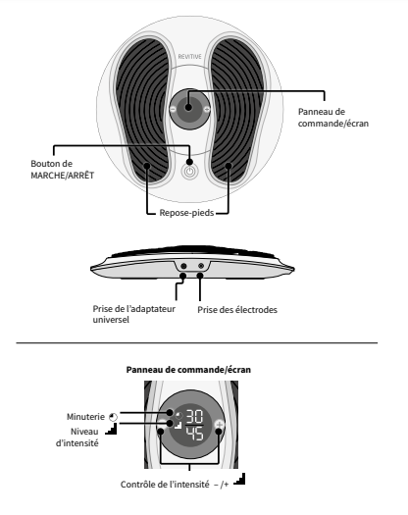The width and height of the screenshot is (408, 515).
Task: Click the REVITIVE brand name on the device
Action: coord(189,57)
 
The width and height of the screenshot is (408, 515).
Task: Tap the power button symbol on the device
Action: coord(190,172)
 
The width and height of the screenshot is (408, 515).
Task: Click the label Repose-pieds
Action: coord(186,213)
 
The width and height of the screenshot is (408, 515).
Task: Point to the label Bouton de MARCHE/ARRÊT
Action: coord(63,170)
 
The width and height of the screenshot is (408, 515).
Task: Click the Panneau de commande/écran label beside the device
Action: coord(333,118)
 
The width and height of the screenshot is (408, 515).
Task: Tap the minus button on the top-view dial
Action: coord(173,109)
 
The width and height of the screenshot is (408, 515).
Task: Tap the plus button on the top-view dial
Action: coord(207,109)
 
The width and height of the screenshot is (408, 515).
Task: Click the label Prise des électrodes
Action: coord(237,310)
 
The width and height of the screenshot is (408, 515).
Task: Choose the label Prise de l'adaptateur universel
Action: coord(134,314)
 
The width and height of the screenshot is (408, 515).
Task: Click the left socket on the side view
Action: coord(183,266)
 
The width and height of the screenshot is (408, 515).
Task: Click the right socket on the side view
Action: coord(201,266)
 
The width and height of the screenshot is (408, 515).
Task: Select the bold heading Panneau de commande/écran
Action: coord(188,370)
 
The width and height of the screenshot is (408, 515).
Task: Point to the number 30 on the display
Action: coord(195,417)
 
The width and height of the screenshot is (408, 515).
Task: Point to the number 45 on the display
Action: coord(195,434)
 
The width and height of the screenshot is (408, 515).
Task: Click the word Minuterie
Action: coord(85,417)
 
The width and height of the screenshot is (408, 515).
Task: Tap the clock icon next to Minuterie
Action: coord(113,417)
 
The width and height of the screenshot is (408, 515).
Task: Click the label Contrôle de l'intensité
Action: coord(165,485)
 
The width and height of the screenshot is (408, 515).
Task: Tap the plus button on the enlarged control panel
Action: coord(219,425)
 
